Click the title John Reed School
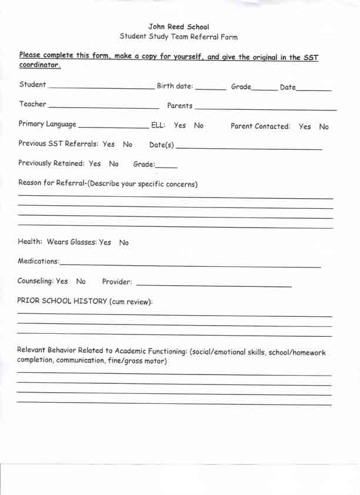point(178,26)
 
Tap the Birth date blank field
point(210,88)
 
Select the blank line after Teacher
point(103,107)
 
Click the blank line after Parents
point(265,108)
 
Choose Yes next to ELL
point(180,125)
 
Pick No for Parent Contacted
point(324,126)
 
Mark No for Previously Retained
point(114,164)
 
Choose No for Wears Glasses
point(124,242)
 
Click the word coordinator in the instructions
point(39,65)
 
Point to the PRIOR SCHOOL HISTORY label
point(85,300)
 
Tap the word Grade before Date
point(241,87)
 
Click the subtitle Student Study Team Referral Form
point(178,36)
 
